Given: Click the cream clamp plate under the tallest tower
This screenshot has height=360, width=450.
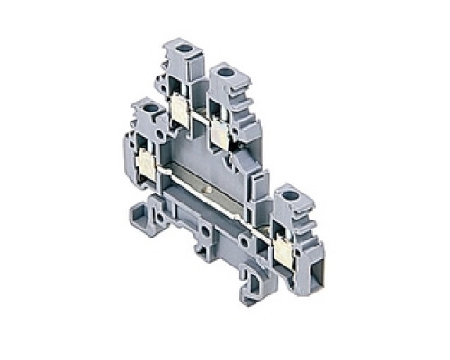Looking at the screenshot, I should tap(177, 112).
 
